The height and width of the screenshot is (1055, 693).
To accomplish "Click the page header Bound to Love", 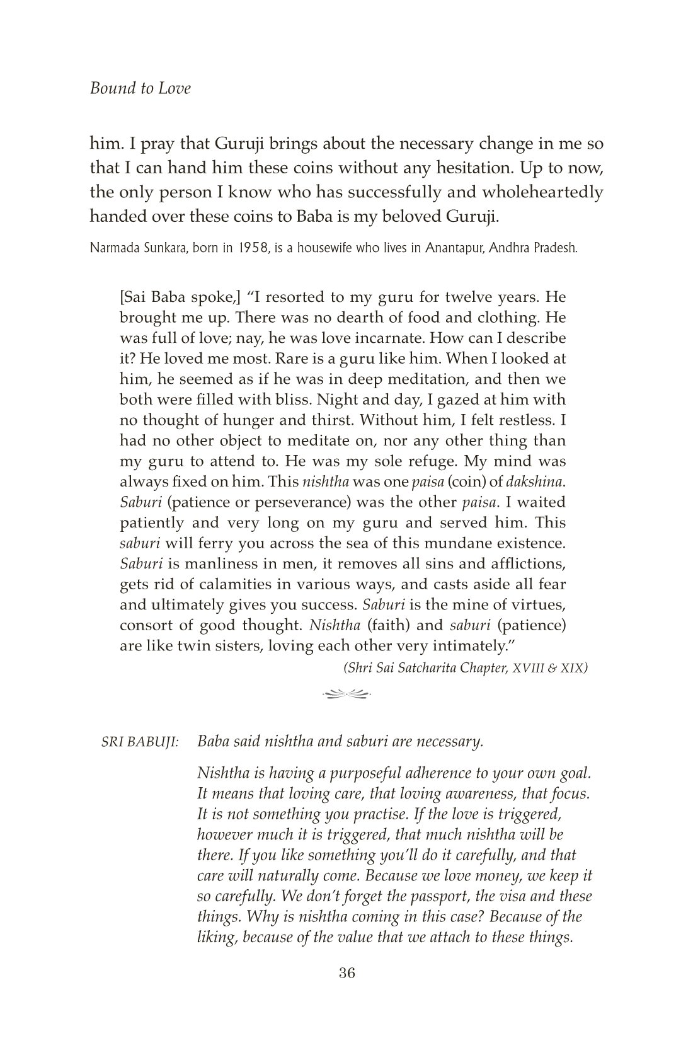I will (x=140, y=88).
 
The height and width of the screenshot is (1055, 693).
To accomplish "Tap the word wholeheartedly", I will (x=542, y=192).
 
